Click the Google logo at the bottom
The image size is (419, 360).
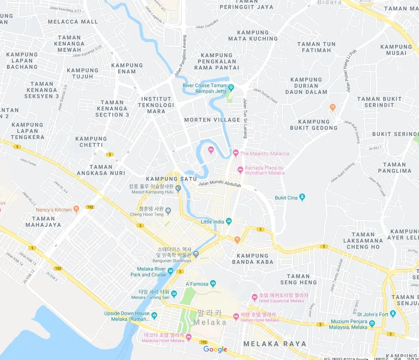point(215,350)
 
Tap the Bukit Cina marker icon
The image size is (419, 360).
point(302,197)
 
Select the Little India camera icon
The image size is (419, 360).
point(229,221)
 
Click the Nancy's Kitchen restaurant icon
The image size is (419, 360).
point(76,209)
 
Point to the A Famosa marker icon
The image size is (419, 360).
point(213,284)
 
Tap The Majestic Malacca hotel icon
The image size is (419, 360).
point(236,153)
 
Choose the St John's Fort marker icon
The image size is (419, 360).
point(393,314)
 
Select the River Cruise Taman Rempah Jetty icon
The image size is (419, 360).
point(231,87)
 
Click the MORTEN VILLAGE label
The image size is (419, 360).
point(212,120)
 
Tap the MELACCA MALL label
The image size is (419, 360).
point(73,22)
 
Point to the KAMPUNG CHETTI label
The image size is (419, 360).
point(91,142)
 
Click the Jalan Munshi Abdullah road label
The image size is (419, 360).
point(219,185)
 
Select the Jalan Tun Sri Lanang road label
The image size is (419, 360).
point(245,118)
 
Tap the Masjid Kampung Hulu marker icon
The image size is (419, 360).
point(178,188)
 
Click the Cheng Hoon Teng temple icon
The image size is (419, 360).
point(168,211)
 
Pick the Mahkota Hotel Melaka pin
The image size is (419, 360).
point(188,337)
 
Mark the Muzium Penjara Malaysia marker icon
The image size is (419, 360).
point(372,323)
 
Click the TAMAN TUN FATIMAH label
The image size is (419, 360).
point(316,47)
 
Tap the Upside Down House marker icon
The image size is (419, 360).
point(154,316)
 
